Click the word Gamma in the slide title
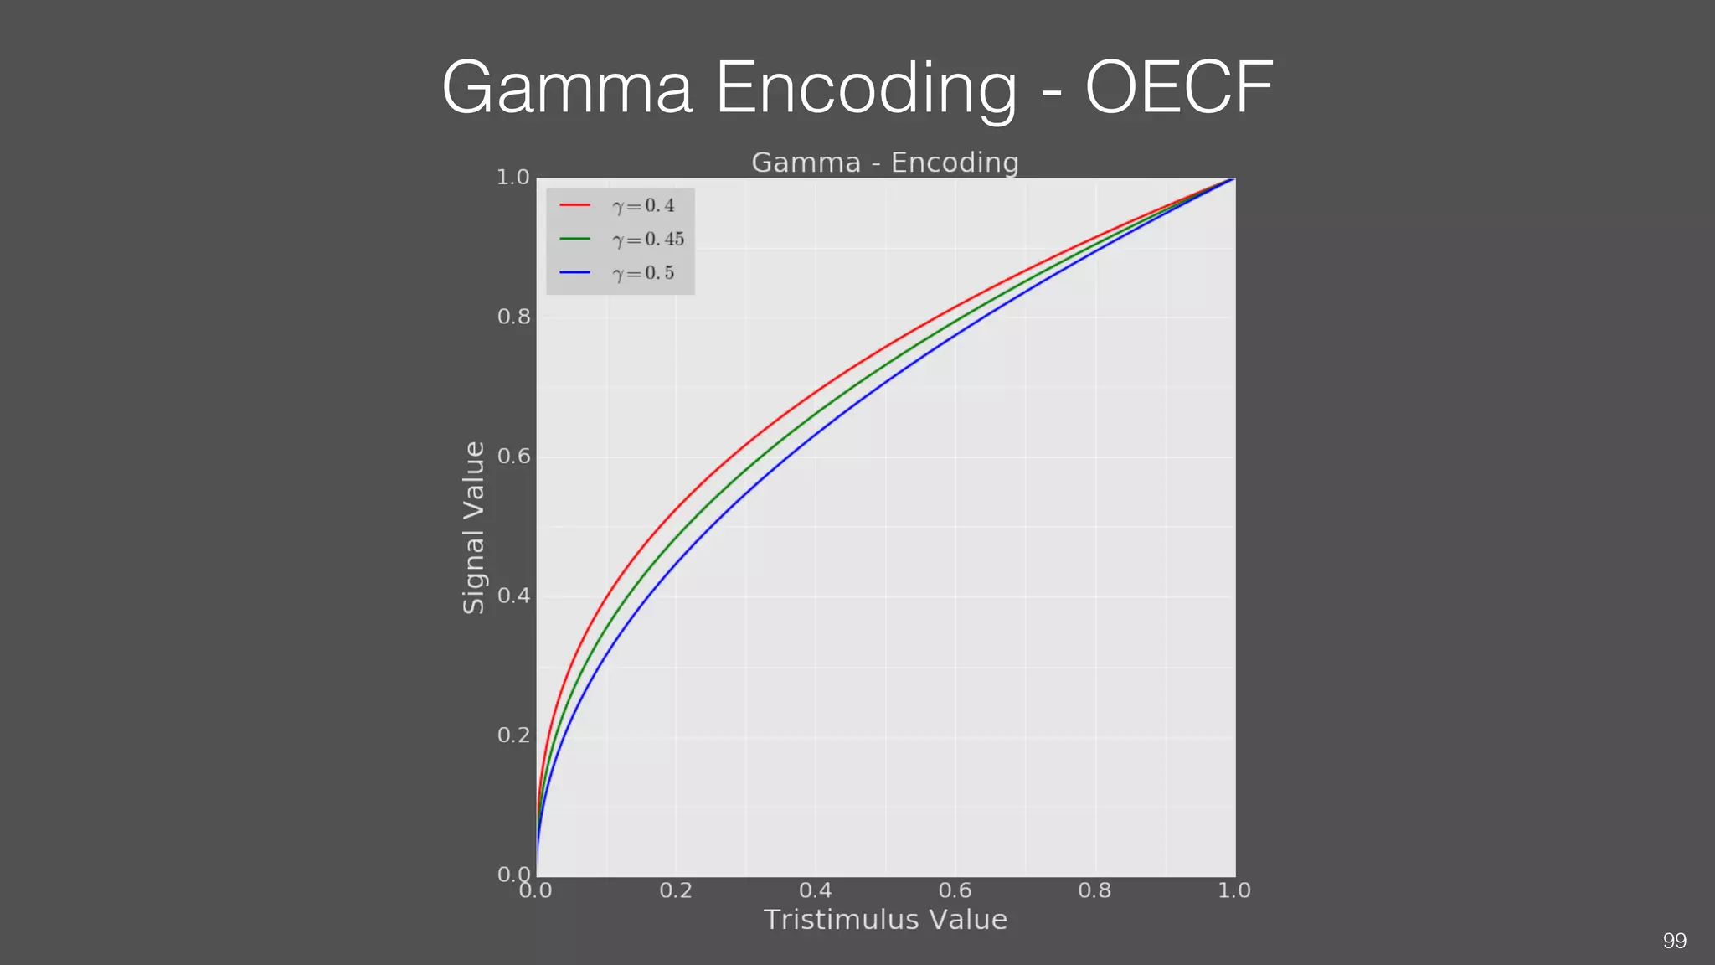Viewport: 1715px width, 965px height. (567, 89)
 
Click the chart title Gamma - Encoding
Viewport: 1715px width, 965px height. (884, 163)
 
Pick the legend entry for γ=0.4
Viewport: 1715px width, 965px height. (643, 206)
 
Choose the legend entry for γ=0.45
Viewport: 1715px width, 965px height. (648, 240)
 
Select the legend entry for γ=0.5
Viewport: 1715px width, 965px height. (643, 274)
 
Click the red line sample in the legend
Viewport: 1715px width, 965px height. (575, 205)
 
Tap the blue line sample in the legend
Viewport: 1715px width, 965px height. (575, 273)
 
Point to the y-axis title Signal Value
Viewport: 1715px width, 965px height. (474, 528)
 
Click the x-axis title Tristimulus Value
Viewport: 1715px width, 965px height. (885, 920)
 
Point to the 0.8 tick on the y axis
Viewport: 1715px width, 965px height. (513, 317)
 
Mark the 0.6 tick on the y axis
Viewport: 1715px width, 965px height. (513, 457)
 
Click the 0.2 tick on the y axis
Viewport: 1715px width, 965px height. (513, 735)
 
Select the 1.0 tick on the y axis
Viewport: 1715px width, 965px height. (513, 178)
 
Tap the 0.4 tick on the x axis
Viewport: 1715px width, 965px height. (815, 890)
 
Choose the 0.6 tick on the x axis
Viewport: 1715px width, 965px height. (955, 890)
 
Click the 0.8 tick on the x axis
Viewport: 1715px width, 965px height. (1094, 890)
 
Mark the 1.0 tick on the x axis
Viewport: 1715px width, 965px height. (1233, 890)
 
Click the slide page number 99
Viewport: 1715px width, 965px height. (1674, 941)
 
